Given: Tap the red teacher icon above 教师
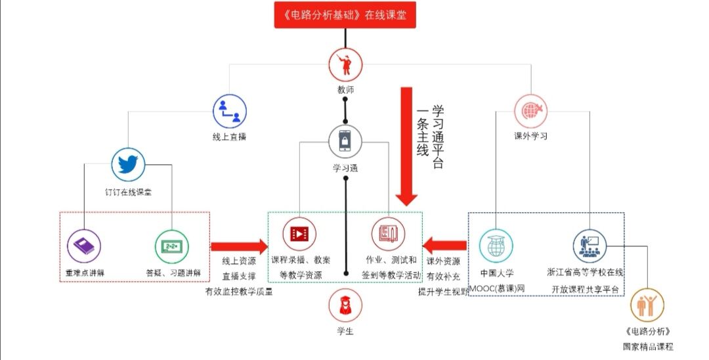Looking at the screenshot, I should click(345, 64).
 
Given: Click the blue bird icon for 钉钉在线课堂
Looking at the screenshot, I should click(128, 164).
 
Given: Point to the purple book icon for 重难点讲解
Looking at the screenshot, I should click(84, 246).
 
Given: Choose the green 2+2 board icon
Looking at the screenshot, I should click(171, 246).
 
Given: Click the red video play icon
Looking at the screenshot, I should click(299, 234).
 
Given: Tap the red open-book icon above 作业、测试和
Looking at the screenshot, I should click(388, 234).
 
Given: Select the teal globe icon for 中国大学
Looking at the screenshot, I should click(496, 246).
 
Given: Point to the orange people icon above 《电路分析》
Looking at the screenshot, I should click(647, 305).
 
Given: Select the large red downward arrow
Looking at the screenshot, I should click(406, 145).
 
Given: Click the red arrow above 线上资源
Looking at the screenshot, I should click(239, 247).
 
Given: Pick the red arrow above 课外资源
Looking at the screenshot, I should click(444, 246).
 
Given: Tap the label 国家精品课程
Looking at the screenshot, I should click(648, 346).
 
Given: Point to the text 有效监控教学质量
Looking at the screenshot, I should click(239, 292).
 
